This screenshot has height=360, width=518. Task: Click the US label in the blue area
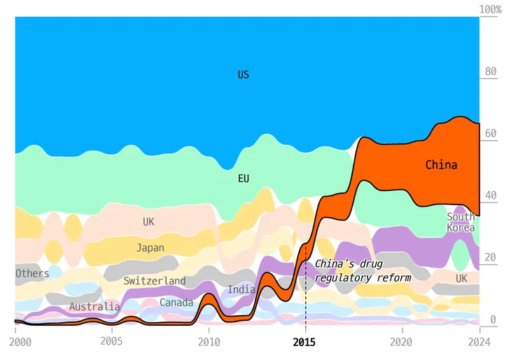(244, 75)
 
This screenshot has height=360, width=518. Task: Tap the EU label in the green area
(244, 179)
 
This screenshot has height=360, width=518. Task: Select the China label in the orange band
(442, 165)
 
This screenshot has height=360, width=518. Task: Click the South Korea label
(461, 222)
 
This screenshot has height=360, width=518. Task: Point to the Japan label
(150, 248)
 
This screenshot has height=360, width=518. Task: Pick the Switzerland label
(154, 281)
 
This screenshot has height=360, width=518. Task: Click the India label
(241, 289)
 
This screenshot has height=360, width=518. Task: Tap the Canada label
(176, 303)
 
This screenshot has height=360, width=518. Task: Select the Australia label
(94, 307)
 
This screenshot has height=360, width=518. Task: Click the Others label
(32, 273)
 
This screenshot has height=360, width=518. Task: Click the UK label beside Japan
(148, 222)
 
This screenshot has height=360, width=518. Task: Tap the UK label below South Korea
(461, 278)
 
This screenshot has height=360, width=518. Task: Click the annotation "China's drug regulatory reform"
(363, 271)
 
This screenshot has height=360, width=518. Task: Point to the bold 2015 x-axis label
(304, 342)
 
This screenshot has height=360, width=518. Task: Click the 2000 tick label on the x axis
(20, 342)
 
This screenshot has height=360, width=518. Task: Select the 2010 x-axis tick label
(209, 342)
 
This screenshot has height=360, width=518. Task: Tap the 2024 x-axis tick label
(479, 342)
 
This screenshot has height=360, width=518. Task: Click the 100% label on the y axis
(490, 9)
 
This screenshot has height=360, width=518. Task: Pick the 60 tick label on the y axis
(491, 133)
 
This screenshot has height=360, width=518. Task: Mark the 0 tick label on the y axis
(493, 319)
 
